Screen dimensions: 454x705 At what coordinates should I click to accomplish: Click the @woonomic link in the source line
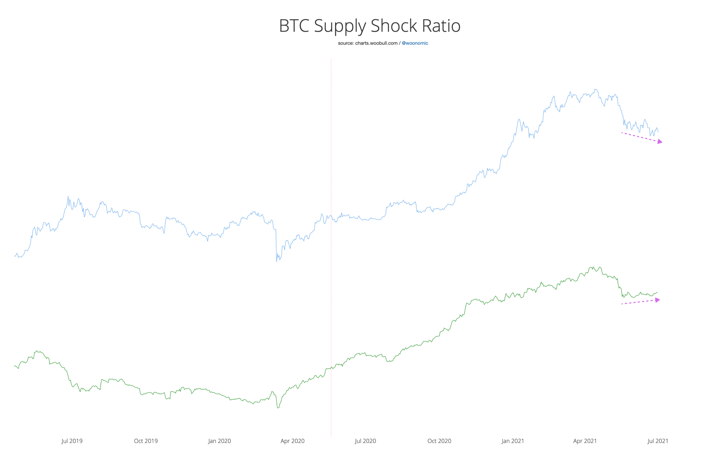coord(415,43)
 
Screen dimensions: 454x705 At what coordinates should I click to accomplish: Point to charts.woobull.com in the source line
coord(376,43)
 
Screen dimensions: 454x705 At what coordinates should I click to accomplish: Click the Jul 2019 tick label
coord(72,441)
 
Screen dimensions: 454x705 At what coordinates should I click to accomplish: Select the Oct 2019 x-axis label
coord(146,441)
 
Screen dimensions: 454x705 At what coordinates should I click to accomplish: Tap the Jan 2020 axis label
coord(219,441)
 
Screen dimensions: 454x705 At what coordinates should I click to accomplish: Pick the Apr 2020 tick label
coord(292,441)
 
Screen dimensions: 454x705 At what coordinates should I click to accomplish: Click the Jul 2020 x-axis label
coord(365,441)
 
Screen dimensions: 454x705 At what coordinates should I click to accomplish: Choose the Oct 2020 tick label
coord(439,441)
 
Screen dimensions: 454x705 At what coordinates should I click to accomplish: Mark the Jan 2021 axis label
coord(513,441)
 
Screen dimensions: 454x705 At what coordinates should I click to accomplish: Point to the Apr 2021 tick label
coord(585,441)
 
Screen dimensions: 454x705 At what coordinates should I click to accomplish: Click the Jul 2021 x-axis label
coord(658,441)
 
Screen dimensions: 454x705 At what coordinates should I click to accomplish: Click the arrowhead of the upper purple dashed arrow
coord(660,142)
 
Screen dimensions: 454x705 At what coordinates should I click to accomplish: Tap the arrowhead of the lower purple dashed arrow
coord(657,300)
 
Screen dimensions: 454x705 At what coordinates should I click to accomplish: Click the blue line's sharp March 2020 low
coord(277,261)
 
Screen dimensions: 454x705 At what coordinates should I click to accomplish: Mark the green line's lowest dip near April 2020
coord(278,408)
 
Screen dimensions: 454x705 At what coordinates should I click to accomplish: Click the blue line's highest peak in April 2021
coord(596,89)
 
